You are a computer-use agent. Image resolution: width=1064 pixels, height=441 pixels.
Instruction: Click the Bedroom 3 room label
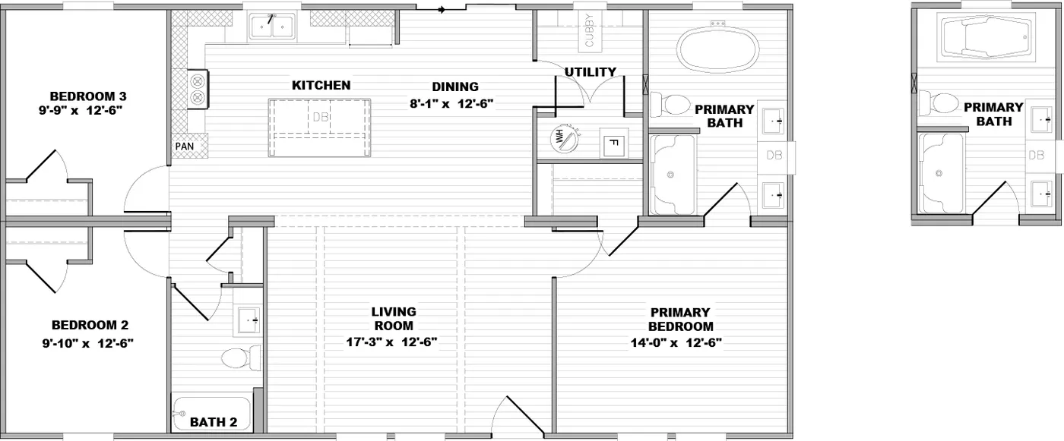(87, 96)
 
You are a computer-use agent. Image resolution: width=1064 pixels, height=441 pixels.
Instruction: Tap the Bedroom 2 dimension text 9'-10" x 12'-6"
(88, 343)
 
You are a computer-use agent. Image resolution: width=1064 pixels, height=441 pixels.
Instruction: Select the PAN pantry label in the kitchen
(184, 146)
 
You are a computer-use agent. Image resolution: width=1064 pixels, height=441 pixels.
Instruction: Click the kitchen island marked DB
(320, 128)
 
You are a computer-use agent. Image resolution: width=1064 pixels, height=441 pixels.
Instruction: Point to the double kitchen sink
(271, 28)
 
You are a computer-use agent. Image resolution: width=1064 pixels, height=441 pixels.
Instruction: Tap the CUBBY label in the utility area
(590, 31)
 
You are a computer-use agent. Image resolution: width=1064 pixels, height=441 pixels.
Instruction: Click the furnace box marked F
(613, 143)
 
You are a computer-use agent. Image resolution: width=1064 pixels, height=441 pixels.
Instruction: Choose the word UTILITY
(590, 72)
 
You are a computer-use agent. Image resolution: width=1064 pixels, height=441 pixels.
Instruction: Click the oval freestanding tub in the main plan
(717, 50)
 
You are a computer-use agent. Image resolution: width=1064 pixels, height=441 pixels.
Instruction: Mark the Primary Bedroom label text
(679, 319)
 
